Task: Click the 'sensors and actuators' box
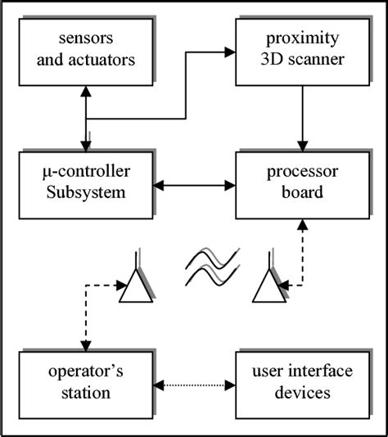pos(84,50)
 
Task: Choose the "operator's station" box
pos(84,381)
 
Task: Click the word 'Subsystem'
pos(84,196)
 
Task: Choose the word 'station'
pos(84,393)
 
